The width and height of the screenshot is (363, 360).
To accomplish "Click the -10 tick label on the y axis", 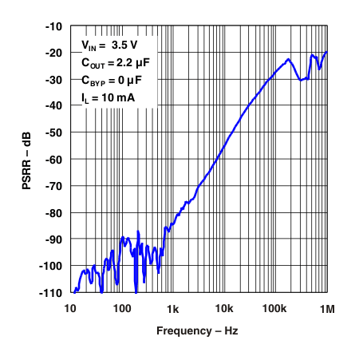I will pos(53,26).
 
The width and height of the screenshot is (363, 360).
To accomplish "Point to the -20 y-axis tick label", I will pos(53,53).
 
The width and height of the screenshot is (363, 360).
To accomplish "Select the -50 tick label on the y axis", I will pos(53,133).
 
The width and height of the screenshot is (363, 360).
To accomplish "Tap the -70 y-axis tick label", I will pos(53,186).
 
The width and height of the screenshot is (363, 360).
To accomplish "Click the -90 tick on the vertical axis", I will pos(53,239).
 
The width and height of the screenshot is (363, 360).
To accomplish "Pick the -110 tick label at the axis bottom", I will pos(50,292).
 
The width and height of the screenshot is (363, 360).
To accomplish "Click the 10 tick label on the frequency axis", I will pos(70,309).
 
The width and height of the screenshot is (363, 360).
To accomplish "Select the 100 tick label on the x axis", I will pos(121,309).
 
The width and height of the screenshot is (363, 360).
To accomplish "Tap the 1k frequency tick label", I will pos(172,309).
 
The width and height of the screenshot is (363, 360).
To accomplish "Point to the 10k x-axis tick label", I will pos(224,309).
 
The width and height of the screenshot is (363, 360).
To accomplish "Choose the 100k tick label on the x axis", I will pos(275,309).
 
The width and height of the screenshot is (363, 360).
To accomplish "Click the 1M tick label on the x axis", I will pos(326,309).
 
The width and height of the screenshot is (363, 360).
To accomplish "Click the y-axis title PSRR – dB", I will pos(26,160).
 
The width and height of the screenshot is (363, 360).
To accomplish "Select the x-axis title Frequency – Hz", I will pos(197,330).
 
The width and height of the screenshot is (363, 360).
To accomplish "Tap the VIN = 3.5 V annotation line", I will pos(111,46).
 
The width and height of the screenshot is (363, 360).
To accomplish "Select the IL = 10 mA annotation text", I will pos(108,98).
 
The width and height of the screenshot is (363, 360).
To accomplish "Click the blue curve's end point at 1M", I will pos(326,52).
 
